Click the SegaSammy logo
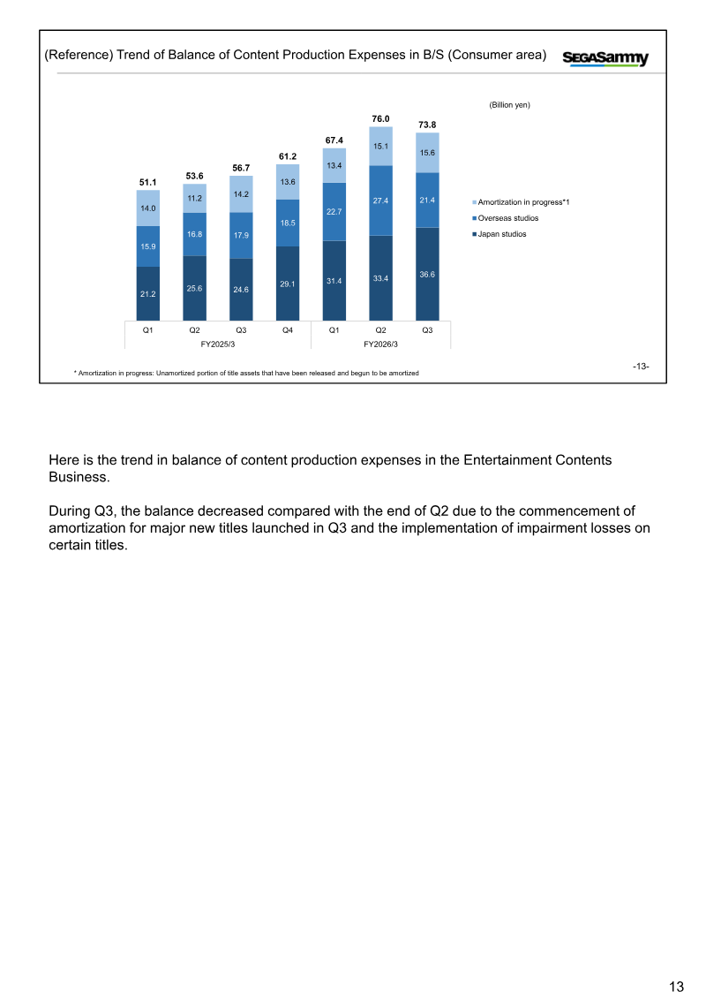click(x=605, y=58)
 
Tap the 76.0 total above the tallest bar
click(x=380, y=119)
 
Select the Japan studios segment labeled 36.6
click(x=427, y=274)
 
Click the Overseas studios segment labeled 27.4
click(x=380, y=201)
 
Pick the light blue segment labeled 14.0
click(x=147, y=208)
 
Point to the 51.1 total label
click(x=147, y=182)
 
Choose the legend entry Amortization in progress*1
click(x=521, y=202)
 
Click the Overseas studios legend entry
click(x=506, y=218)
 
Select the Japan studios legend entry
click(x=499, y=234)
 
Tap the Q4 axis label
click(x=288, y=330)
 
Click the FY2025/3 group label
click(x=218, y=344)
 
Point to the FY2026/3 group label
click(x=380, y=344)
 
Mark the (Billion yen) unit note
click(x=509, y=105)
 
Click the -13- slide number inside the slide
click(x=641, y=367)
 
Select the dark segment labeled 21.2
click(x=147, y=294)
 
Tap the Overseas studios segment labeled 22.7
click(x=334, y=211)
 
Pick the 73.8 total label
click(x=427, y=125)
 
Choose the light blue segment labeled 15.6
click(x=427, y=153)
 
